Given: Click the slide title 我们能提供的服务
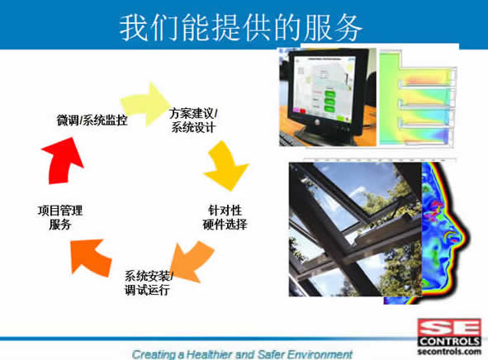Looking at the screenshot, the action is point(241,27).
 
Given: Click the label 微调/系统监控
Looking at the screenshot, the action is point(92,120).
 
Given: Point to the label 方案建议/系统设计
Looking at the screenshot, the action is point(193,120).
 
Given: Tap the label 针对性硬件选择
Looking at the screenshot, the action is point(225,217).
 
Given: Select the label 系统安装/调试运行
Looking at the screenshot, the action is point(149,282).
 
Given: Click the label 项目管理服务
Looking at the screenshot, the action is point(60,217).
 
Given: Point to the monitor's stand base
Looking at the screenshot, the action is point(324,136).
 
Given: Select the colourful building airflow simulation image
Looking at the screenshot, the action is point(417,98).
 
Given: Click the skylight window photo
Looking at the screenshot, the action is point(355,230).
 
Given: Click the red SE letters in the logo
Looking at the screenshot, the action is point(449,327).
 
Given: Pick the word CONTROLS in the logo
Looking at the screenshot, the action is point(449,341).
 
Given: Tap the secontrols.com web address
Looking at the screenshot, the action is point(449,352).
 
